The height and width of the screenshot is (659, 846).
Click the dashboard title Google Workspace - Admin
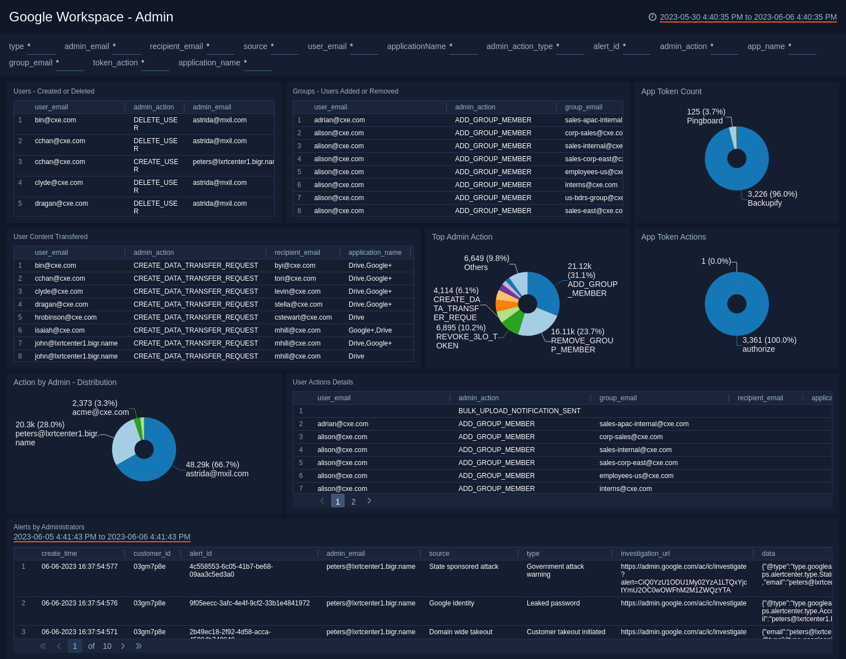click(x=91, y=17)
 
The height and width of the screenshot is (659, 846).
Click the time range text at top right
click(x=748, y=17)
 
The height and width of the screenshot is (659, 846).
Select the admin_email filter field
click(x=126, y=47)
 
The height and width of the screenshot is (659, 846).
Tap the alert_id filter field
click(x=637, y=47)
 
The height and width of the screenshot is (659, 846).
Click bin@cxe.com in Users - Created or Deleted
click(x=55, y=120)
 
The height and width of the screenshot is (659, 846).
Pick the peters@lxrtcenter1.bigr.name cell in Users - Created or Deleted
click(x=233, y=162)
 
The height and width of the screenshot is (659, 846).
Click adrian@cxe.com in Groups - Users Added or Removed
click(x=339, y=120)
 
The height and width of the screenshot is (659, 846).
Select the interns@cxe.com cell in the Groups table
click(x=591, y=185)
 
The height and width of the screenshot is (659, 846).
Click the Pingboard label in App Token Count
click(x=704, y=121)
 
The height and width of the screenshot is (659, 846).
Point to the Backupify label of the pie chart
click(x=764, y=203)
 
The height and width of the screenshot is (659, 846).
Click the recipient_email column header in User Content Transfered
click(x=297, y=253)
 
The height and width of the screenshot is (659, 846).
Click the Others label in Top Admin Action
click(x=475, y=267)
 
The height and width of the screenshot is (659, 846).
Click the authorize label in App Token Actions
click(x=758, y=349)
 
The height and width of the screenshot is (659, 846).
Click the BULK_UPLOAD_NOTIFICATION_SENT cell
click(x=519, y=411)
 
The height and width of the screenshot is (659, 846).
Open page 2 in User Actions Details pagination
click(x=354, y=502)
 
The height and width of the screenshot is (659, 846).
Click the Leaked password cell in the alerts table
click(x=553, y=603)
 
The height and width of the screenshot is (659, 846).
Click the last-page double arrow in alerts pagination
click(x=139, y=646)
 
